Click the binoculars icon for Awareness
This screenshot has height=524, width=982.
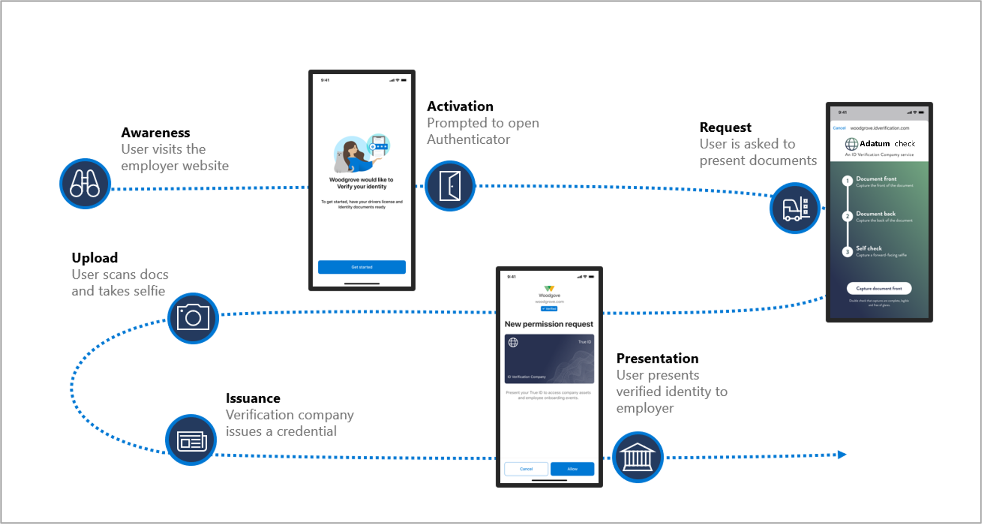tap(85, 184)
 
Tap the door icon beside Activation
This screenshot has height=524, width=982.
tap(450, 186)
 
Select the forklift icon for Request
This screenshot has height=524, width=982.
tap(795, 208)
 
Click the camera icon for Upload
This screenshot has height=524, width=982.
tap(193, 318)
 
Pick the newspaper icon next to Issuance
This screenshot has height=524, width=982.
tap(191, 440)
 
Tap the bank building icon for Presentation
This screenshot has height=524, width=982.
tap(637, 457)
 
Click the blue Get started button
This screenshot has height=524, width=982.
tap(362, 267)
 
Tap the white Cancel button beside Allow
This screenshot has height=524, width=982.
tap(526, 469)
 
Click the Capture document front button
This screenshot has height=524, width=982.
tap(879, 288)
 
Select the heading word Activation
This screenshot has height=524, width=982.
tap(460, 106)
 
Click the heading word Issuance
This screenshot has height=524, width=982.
tap(253, 398)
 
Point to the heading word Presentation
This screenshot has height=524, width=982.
tap(657, 358)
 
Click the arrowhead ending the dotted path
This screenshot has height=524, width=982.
tap(841, 455)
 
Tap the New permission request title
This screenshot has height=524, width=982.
tap(549, 324)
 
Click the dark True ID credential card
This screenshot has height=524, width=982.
tap(549, 359)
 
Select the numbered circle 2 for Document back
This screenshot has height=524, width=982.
tap(847, 216)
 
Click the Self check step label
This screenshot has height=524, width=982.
tap(868, 248)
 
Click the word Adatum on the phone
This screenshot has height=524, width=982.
tap(874, 144)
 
